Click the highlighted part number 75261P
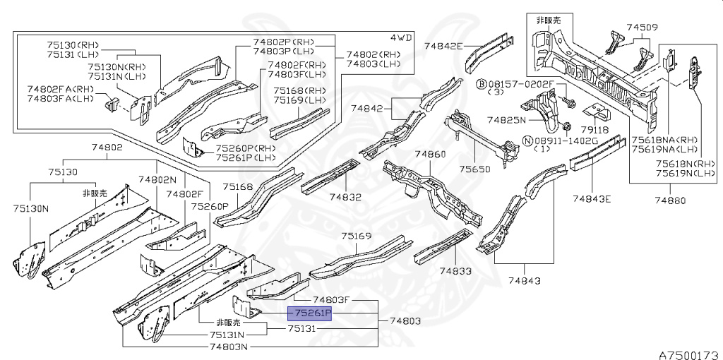309,313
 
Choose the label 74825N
503,120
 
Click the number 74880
670,200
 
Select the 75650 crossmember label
475,169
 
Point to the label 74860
430,154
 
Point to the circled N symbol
526,140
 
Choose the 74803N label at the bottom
228,347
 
